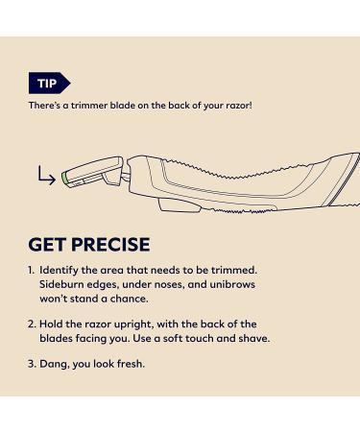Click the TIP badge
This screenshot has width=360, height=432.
pyautogui.click(x=49, y=83)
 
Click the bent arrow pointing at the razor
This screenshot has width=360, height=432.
pyautogui.click(x=45, y=175)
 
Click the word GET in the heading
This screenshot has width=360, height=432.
pyautogui.click(x=54, y=244)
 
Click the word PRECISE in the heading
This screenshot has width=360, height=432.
pyautogui.click(x=114, y=244)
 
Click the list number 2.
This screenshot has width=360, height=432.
pyautogui.click(x=33, y=324)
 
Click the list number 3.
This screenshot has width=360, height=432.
pyautogui.click(x=33, y=364)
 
